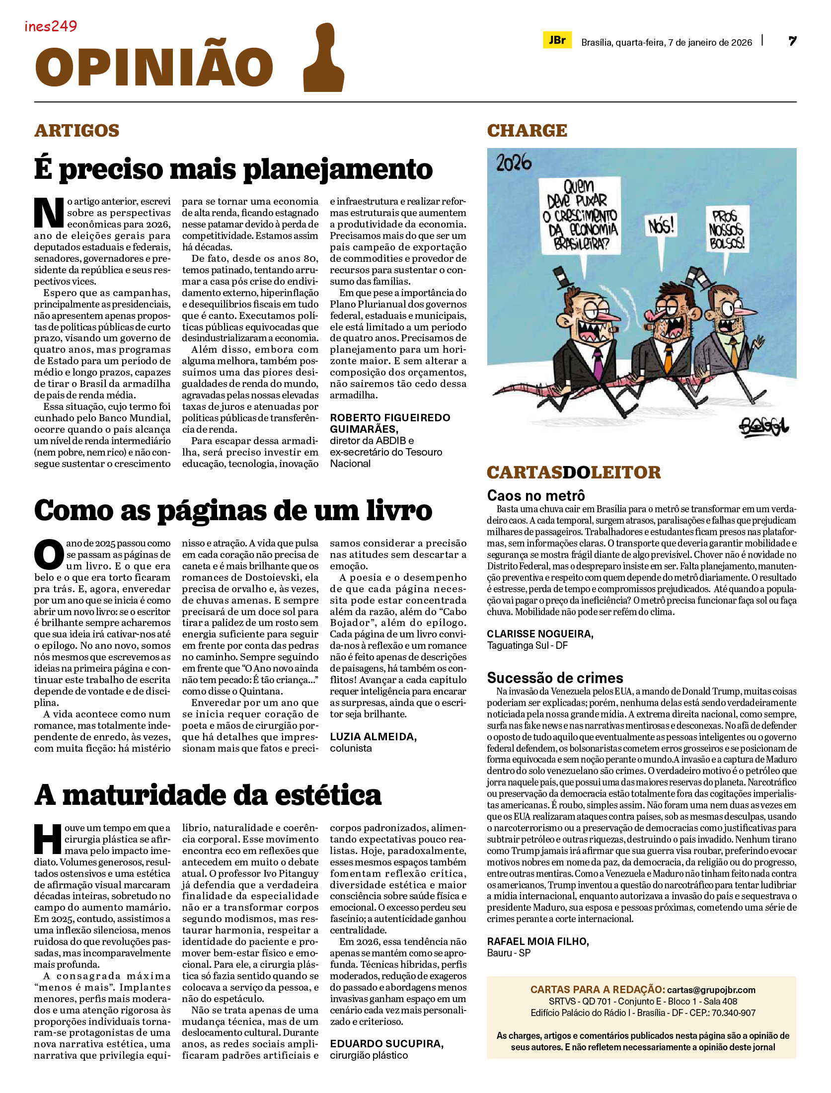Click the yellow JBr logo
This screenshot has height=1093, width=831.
[557, 40]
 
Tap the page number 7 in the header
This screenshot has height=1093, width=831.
[792, 41]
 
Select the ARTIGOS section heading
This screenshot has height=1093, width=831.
[77, 131]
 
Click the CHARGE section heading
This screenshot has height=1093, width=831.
[527, 131]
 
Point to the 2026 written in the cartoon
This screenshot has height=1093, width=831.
[514, 163]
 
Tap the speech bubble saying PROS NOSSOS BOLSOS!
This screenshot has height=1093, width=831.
[726, 230]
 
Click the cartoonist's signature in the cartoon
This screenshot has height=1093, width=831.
[763, 426]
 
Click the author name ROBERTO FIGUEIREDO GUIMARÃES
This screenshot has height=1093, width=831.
[390, 423]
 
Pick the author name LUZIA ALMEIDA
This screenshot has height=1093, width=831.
[373, 737]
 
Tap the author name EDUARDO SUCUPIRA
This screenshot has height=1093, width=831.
[386, 1044]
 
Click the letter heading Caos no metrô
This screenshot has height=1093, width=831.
[536, 495]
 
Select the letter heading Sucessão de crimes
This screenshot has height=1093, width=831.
[555, 678]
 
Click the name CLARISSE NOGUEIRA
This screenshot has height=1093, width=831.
[540, 634]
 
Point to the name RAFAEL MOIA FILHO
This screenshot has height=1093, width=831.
[538, 941]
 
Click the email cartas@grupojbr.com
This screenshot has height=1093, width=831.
[711, 990]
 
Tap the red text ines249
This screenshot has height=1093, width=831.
[51, 26]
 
